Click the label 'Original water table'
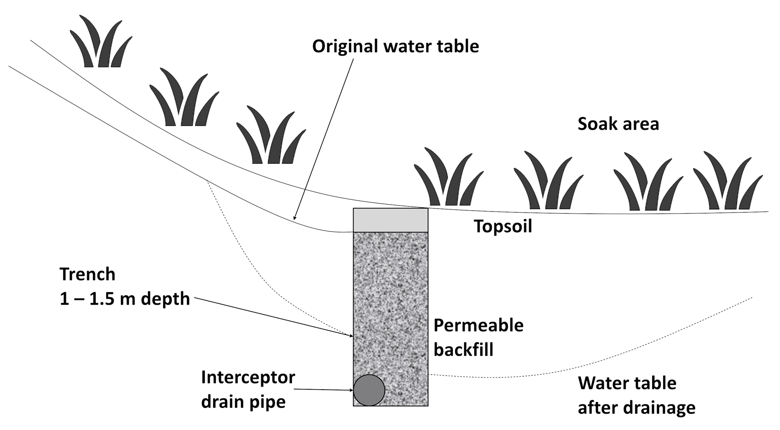395,46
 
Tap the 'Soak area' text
618,124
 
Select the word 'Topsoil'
503,226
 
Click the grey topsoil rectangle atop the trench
390,220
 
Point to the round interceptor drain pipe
369,390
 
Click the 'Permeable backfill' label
478,337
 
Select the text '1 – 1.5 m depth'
125,299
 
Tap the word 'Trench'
88,274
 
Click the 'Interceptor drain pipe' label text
248,389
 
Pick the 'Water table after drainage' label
636,395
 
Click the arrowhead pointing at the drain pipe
351,390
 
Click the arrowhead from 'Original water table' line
295,218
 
